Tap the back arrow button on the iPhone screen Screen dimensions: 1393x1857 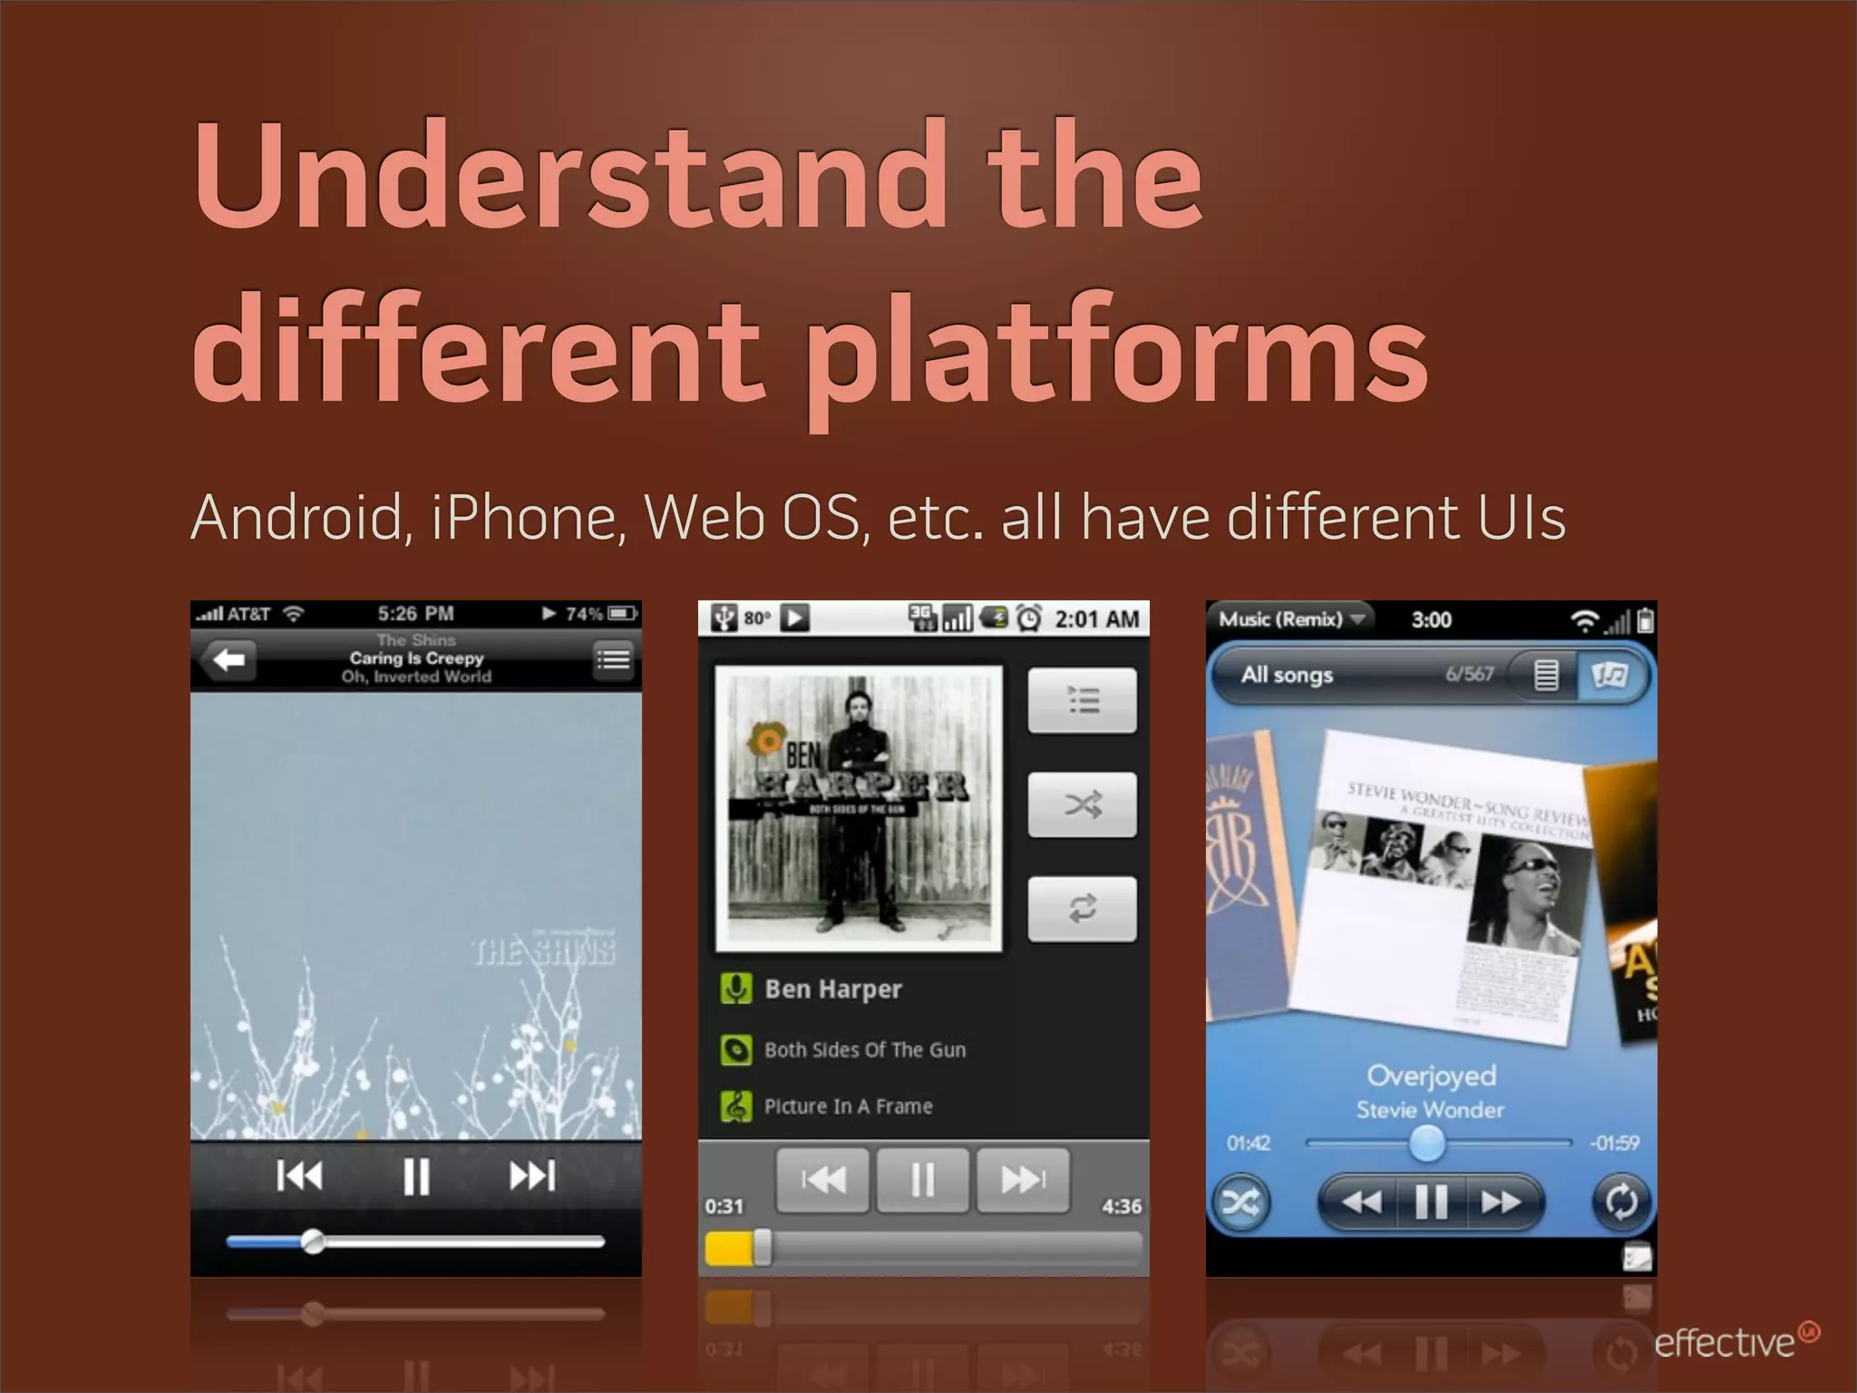[x=228, y=659]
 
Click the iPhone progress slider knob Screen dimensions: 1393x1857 [x=313, y=1241]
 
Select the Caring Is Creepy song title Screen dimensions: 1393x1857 [x=416, y=658]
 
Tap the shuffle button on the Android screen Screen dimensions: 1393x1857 [x=1082, y=804]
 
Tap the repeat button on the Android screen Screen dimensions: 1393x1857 [x=1082, y=908]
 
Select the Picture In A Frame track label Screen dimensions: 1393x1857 [x=848, y=1106]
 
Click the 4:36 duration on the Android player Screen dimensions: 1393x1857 [x=1122, y=1206]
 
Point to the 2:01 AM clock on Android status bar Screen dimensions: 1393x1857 [x=1096, y=619]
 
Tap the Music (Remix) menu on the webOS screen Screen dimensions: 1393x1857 [x=1289, y=619]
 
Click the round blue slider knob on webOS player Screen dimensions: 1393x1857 [x=1426, y=1143]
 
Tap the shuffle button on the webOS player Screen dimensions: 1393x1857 [x=1240, y=1203]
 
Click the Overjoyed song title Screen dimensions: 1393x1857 [x=1431, y=1076]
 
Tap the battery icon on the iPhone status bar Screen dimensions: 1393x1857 [x=623, y=614]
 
